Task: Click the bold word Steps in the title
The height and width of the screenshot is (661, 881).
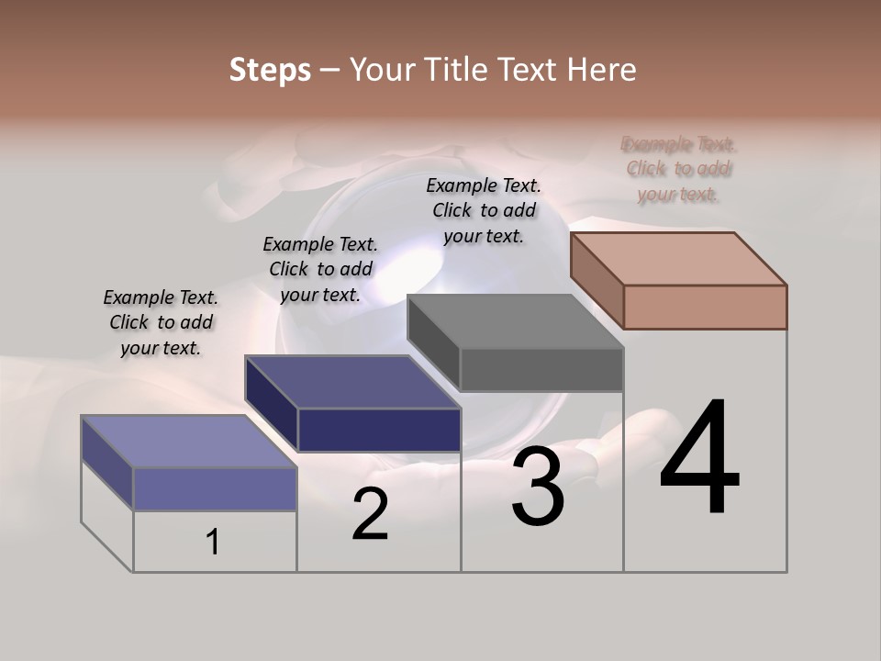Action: point(270,70)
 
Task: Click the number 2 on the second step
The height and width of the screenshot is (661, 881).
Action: point(370,514)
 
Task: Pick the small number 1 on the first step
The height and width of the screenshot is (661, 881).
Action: point(213,543)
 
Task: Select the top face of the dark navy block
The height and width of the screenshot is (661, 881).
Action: point(352,382)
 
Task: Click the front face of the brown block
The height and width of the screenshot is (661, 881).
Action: point(705,307)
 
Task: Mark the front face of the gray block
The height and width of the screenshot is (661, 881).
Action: point(541,370)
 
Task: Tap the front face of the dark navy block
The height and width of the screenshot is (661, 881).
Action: point(379,430)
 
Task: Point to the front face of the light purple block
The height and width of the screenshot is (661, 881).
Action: point(215,488)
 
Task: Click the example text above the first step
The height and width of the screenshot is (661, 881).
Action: point(161,322)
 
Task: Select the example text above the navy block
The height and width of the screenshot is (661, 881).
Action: point(320,269)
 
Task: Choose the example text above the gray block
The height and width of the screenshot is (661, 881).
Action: point(484,210)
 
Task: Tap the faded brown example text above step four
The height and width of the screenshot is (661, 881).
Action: point(679,169)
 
